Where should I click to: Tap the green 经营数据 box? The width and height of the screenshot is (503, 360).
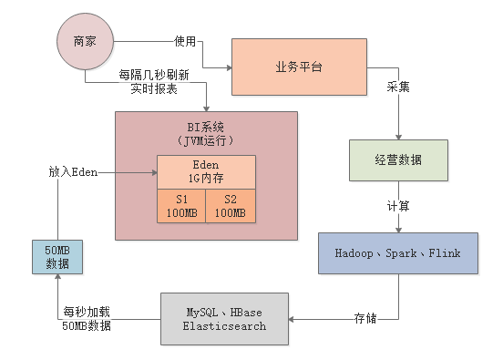click(398, 159)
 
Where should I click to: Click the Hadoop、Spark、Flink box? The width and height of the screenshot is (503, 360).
click(397, 252)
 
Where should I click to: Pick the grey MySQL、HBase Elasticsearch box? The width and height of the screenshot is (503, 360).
click(224, 319)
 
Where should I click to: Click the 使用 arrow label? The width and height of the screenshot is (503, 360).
click(187, 41)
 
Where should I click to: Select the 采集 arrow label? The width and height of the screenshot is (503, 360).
click(397, 87)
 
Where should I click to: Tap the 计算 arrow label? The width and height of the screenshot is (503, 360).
click(397, 206)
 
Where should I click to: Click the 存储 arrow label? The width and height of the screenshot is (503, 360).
click(365, 319)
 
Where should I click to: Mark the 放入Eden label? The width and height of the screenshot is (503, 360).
click(73, 171)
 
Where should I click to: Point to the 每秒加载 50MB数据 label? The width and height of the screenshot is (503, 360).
click(89, 319)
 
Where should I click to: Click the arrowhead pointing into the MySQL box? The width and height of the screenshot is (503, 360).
click(293, 319)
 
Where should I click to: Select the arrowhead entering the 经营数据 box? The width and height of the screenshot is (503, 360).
click(397, 135)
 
